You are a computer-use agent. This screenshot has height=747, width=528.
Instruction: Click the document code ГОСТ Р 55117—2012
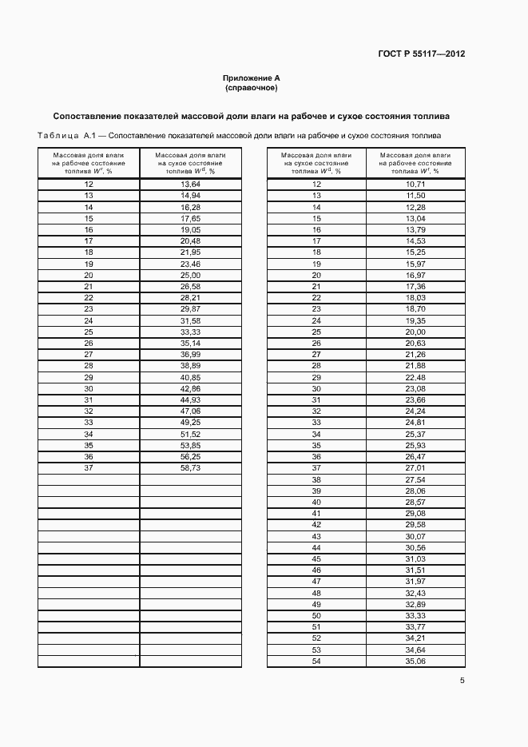[x=421, y=54]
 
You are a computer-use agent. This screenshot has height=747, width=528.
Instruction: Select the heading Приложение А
[x=252, y=77]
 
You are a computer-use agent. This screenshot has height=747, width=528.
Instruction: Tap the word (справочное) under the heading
[x=252, y=87]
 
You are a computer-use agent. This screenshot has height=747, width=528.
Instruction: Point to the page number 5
[x=462, y=681]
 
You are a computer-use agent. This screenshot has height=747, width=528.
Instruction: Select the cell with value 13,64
[x=189, y=185]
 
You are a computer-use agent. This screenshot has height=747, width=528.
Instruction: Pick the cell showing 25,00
[x=189, y=275]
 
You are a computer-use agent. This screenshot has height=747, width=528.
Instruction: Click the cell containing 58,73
[x=189, y=468]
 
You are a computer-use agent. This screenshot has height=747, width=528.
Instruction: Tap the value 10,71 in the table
[x=415, y=185]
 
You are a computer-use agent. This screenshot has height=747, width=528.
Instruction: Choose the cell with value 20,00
[x=415, y=332]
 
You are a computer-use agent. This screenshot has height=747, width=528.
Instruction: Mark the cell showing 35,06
[x=415, y=662]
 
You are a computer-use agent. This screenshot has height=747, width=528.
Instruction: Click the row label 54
[x=316, y=662]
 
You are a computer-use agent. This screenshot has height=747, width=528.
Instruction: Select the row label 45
[x=316, y=559]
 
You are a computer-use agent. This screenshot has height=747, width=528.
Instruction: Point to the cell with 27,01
[x=415, y=468]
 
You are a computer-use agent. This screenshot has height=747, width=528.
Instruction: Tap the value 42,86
[x=189, y=388]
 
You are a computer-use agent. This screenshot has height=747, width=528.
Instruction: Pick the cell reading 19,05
[x=189, y=229]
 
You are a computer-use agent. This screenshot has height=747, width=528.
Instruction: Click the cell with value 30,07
[x=415, y=536]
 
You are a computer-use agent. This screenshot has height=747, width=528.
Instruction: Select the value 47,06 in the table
[x=189, y=411]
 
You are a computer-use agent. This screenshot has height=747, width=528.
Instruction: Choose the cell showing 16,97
[x=415, y=275]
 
